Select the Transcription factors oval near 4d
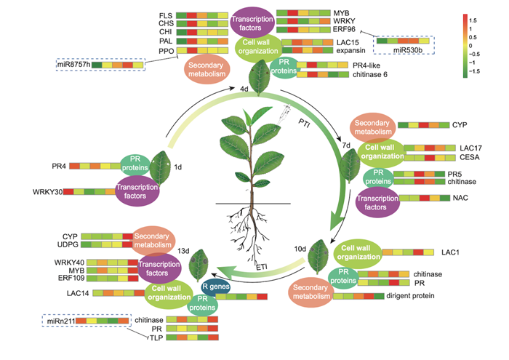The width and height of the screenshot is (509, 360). (252, 23)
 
